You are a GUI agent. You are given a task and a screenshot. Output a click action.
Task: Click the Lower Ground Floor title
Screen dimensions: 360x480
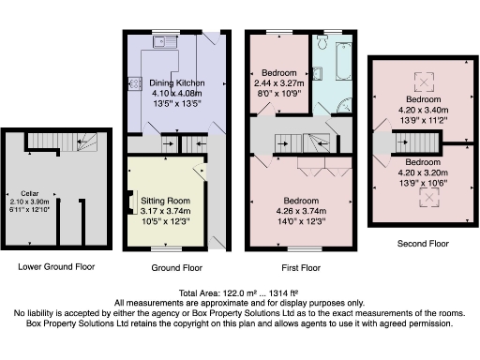[56, 266]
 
